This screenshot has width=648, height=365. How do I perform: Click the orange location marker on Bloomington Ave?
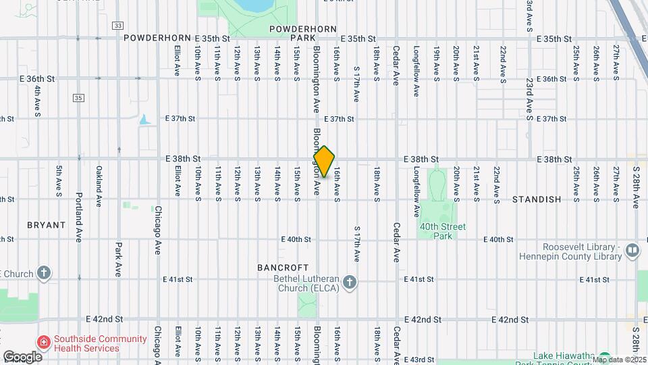coord(324,162)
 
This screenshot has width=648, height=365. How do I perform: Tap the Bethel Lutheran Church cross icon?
coord(349,283)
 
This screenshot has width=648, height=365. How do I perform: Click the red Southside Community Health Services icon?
coord(44,343)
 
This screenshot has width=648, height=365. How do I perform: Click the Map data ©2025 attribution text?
coord(619,360)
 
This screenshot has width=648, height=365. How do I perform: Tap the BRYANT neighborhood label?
coord(46,225)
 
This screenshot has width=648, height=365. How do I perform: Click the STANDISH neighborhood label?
coord(537,199)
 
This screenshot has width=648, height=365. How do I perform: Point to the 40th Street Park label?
coord(443,231)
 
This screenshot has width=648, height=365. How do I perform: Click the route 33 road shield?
coord(118,26)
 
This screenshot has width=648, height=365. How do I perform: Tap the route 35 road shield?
coord(79,98)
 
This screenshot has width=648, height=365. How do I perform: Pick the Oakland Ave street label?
coord(99,186)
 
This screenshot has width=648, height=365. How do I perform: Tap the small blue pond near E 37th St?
coord(144,120)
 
